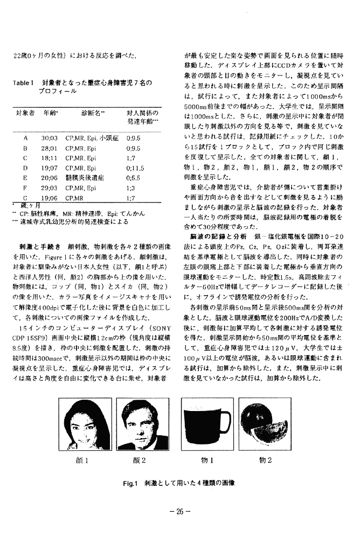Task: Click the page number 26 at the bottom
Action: [181, 511]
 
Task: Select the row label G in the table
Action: [25, 198]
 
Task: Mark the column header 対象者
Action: [25, 114]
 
